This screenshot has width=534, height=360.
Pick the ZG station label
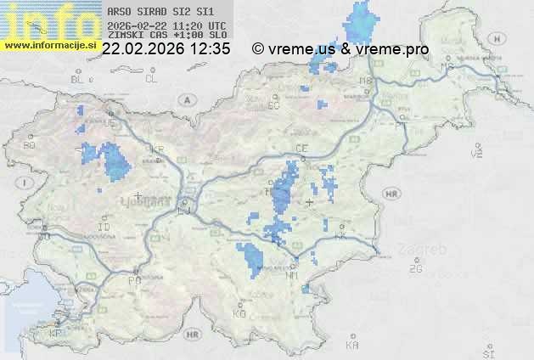tap(416, 269)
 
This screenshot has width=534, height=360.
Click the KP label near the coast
tap(55, 334)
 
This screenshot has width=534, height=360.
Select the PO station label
tap(133, 280)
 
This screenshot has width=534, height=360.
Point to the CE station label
tap(301, 149)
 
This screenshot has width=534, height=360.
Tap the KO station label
tap(239, 313)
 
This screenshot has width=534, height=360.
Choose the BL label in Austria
tap(78, 79)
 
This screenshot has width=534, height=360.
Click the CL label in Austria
tap(151, 79)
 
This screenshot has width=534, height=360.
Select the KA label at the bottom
tap(352, 345)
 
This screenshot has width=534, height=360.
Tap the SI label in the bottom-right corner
tap(486, 352)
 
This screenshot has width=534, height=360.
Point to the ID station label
tap(104, 228)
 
